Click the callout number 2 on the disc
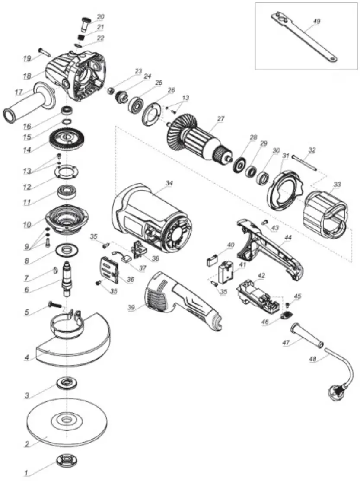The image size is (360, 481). [x=27, y=444]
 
